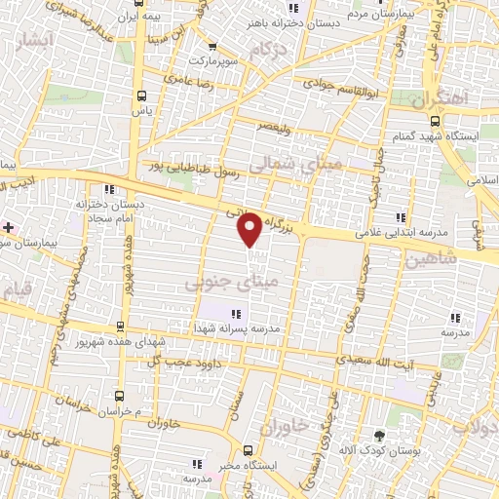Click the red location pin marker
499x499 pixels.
tap(249, 229)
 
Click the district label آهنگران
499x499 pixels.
tap(440, 99)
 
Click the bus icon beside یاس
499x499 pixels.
tap(142, 96)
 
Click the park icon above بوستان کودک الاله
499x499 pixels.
tap(379, 435)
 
